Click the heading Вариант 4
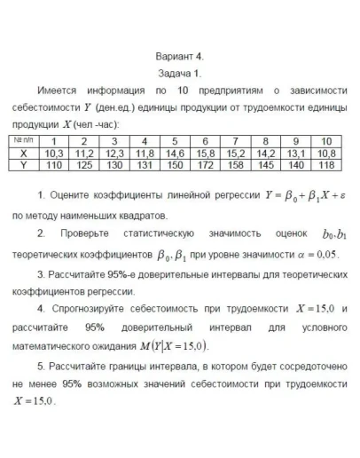tap(179, 55)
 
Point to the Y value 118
tap(325, 164)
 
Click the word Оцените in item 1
tap(79, 194)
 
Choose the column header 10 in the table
tap(325, 141)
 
